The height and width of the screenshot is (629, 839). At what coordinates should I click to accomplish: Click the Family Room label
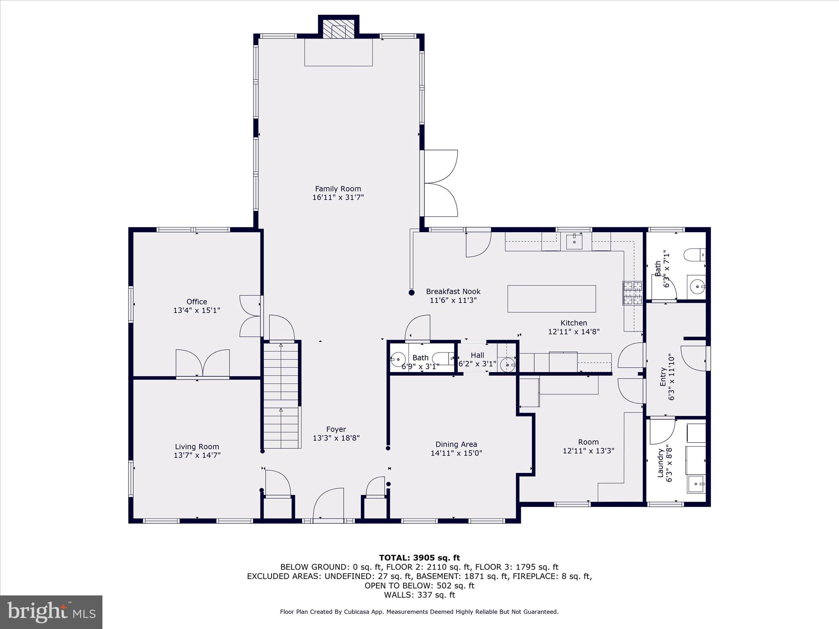[338, 189]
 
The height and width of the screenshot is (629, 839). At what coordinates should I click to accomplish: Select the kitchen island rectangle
[551, 299]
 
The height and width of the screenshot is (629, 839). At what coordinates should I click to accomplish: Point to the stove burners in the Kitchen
[633, 293]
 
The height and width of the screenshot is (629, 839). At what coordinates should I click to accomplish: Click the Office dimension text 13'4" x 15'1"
[197, 310]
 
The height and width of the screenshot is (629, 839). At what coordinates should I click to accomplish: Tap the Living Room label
[197, 447]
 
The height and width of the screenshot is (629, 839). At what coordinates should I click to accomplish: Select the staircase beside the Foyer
[281, 396]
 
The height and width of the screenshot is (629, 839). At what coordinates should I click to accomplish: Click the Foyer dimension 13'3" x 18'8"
[336, 438]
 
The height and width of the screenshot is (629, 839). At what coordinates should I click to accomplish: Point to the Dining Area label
[456, 444]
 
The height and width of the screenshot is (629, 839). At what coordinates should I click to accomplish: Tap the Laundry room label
[660, 463]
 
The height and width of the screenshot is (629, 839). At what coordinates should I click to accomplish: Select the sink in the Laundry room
[696, 484]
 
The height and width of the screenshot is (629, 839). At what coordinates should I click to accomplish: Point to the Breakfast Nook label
[453, 292]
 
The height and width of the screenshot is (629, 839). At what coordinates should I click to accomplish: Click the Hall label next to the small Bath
[477, 355]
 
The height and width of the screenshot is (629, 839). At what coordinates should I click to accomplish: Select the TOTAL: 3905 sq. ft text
[419, 558]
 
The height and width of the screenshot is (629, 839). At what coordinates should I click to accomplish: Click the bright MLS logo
[51, 612]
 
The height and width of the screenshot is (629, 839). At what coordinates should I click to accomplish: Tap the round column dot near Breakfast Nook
[411, 292]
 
